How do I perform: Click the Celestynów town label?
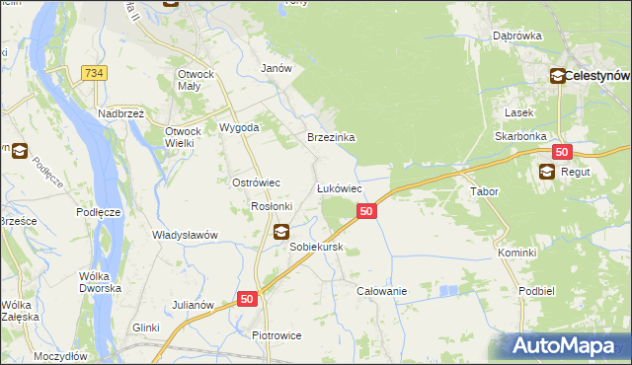tap(597, 75)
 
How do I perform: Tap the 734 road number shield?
tap(95, 74)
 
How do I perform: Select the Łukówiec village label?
tap(339, 187)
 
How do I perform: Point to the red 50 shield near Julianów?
tap(247, 298)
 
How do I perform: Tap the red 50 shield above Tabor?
tap(562, 152)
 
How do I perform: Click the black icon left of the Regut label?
tap(547, 172)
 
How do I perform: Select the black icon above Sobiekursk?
tap(281, 232)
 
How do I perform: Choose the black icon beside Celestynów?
tap(557, 75)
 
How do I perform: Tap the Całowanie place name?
tap(382, 292)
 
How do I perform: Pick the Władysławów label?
tap(185, 235)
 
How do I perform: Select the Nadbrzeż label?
tap(121, 113)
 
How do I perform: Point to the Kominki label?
tap(516, 253)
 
